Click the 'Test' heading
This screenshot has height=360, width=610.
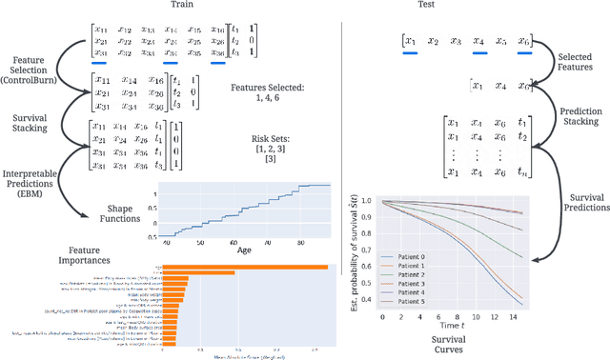[477, 7]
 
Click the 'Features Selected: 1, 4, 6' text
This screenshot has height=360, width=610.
[268, 92]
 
